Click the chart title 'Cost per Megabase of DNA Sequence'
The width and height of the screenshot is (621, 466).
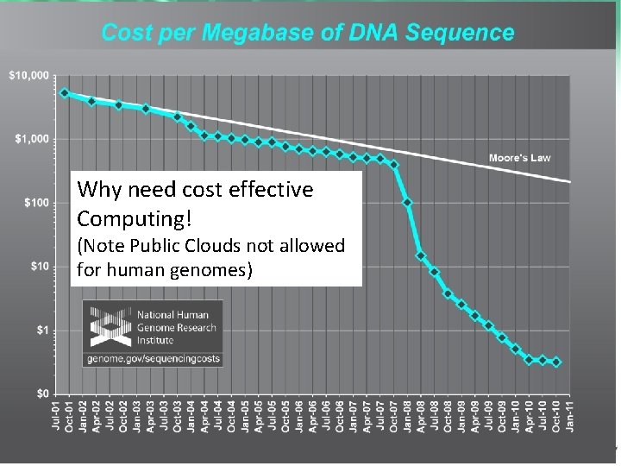click(x=308, y=34)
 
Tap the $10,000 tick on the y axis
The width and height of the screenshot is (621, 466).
click(x=28, y=76)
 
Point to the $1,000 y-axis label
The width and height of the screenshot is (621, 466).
click(x=32, y=139)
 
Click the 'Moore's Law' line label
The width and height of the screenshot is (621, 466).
click(x=519, y=158)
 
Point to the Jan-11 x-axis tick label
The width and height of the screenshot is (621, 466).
click(x=570, y=420)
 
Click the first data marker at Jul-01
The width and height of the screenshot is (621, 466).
click(x=65, y=92)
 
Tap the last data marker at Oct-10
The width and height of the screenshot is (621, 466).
click(x=556, y=362)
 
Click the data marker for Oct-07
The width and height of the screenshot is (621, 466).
click(x=394, y=164)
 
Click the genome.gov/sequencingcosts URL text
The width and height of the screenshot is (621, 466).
click(x=152, y=357)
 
